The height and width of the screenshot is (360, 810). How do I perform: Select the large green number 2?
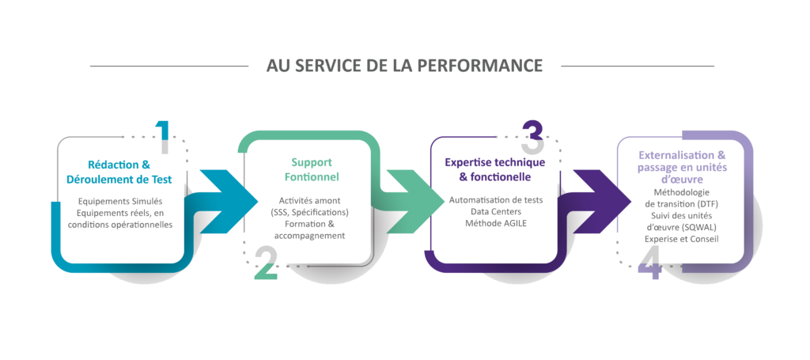pyautogui.click(x=266, y=265)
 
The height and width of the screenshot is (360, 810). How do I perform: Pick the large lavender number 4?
pyautogui.click(x=649, y=265)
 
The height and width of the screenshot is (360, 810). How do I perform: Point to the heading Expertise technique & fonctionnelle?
pyautogui.click(x=494, y=169)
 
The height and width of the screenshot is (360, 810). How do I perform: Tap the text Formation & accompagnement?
pyautogui.click(x=311, y=230)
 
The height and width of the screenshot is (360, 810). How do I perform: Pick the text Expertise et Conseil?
pyautogui.click(x=682, y=238)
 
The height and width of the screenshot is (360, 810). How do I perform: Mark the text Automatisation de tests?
pyautogui.click(x=494, y=201)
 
